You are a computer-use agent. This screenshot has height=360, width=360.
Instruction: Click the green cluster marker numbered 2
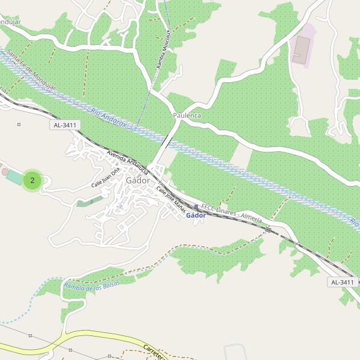point(32,180)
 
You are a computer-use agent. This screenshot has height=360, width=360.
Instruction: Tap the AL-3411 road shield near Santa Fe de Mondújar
point(65,125)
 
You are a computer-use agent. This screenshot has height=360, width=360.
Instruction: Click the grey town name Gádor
point(137,180)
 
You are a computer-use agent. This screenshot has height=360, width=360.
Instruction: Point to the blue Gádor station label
point(196,215)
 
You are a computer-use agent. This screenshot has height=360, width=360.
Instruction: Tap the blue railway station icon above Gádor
point(196,207)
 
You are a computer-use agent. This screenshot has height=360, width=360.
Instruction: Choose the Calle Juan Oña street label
point(106,177)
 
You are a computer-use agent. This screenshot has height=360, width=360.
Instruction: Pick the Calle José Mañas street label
point(171,199)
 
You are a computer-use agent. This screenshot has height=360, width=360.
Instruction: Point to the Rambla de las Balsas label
point(91,287)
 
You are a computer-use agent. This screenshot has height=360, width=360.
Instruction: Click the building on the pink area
point(301,49)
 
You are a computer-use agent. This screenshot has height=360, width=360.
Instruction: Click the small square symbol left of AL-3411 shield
point(19,125)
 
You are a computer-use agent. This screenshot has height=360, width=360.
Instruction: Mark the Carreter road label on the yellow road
point(153,351)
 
